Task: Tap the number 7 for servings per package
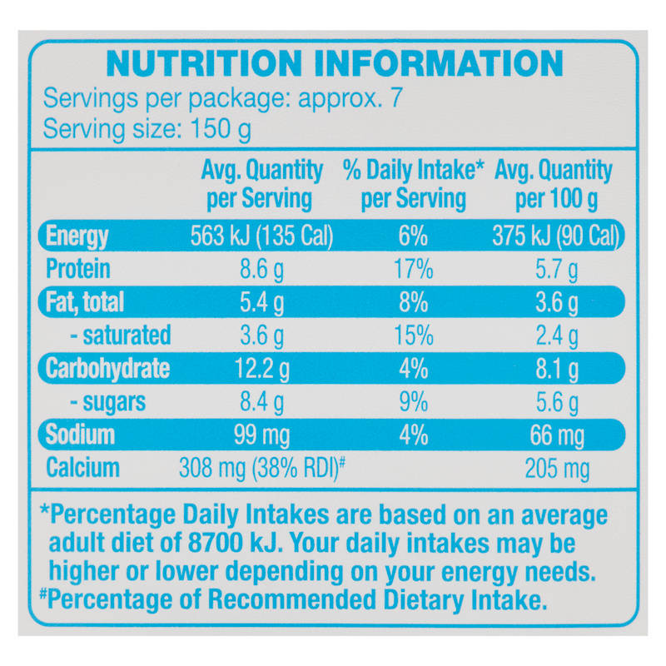tap(396, 97)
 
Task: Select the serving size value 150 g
tap(221, 129)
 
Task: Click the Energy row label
tap(77, 236)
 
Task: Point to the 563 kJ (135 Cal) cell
tap(261, 236)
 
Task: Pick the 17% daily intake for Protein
tap(413, 269)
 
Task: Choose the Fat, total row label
tap(85, 302)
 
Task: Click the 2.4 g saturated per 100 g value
tap(556, 336)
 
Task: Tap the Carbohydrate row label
tap(107, 368)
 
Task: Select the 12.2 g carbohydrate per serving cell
tap(261, 369)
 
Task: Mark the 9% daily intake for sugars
tap(413, 402)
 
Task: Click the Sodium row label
tap(80, 435)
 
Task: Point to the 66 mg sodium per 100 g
tap(557, 435)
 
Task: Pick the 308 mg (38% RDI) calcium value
tap(261, 468)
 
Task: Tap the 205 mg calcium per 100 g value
tap(557, 469)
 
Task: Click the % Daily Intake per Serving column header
tap(413, 184)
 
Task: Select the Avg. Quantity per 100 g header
tap(554, 184)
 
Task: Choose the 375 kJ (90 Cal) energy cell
tap(556, 236)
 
